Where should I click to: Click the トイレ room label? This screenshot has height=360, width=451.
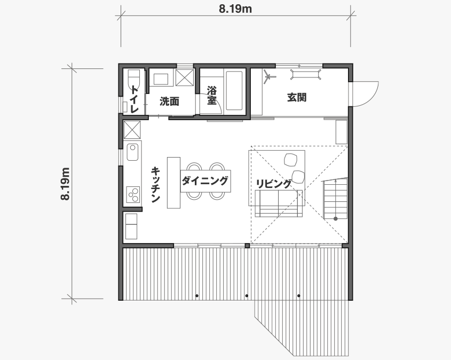134,99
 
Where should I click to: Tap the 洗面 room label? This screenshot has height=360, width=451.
169,101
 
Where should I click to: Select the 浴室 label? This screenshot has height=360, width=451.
212,95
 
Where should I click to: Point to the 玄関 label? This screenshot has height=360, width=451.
297,98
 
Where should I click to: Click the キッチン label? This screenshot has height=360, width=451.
155,185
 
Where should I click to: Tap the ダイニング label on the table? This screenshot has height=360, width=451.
205,181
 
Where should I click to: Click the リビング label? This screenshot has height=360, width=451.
273,184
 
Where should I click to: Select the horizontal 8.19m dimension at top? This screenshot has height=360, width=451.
235,9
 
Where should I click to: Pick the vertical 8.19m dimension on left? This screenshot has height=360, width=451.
65,184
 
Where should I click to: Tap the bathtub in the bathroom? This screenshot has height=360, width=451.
234,91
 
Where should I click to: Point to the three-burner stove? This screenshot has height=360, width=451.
133,194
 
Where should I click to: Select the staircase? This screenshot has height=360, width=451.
335,199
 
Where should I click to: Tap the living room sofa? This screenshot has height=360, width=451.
279,203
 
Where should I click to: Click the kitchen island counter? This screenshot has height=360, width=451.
173,183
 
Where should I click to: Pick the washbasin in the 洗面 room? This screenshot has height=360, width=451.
161,79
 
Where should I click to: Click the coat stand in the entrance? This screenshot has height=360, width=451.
269,77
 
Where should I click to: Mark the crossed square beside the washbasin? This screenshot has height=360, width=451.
185,77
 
